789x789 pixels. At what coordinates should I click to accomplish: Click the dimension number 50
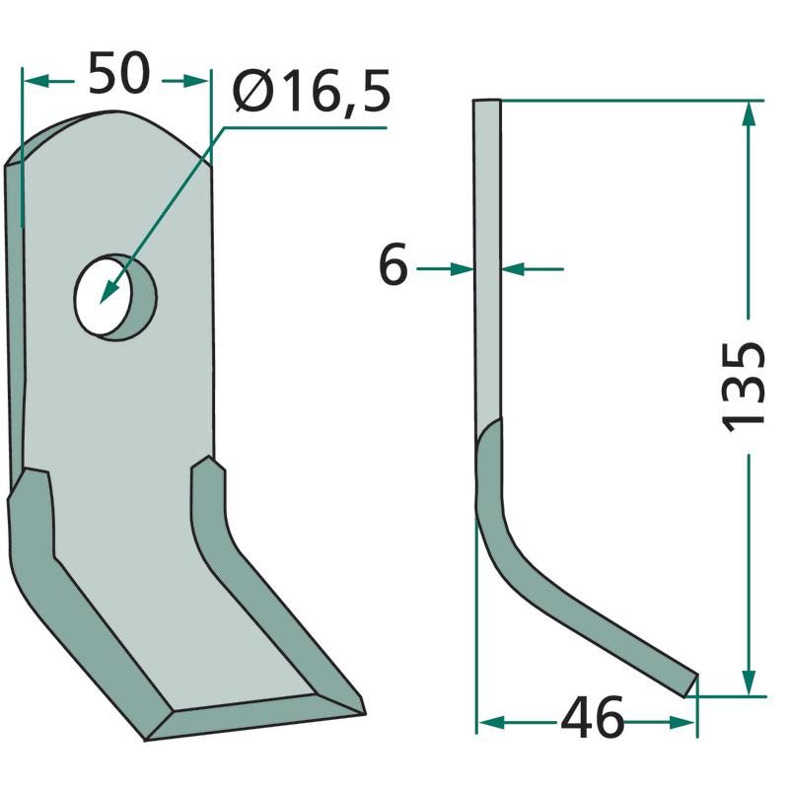tap(119, 73)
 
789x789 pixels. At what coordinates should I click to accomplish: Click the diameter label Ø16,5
tap(312, 91)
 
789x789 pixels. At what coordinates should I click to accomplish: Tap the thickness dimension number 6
tap(393, 264)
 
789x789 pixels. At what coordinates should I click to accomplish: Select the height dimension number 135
tap(744, 387)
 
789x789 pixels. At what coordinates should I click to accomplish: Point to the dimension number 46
tap(593, 718)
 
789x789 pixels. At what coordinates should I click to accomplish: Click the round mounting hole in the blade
tap(115, 297)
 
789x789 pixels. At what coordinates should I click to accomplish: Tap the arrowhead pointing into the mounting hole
tap(108, 291)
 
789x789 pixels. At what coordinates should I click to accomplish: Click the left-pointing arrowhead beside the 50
tap(36, 81)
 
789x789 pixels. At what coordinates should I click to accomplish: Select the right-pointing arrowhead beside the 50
tap(195, 81)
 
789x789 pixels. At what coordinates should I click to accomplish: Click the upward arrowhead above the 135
tap(750, 114)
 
